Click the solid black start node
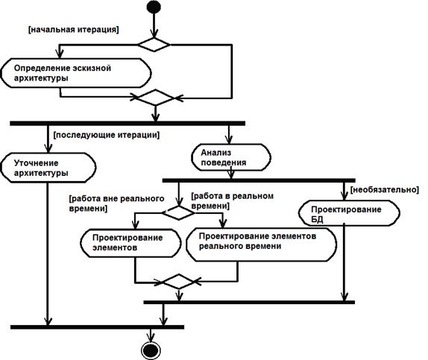click(x=154, y=7)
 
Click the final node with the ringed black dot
click(x=151, y=350)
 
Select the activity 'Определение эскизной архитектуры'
click(x=76, y=73)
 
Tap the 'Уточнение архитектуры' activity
click(x=48, y=168)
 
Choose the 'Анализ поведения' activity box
click(x=231, y=157)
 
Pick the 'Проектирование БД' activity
click(x=349, y=213)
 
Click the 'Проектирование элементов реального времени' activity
click(x=261, y=244)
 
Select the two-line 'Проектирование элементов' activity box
click(x=130, y=243)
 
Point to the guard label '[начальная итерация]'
click(x=73, y=30)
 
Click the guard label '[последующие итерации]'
click(x=107, y=135)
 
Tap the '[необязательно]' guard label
click(x=384, y=189)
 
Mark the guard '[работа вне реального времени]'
click(x=117, y=203)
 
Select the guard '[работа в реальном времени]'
click(x=233, y=201)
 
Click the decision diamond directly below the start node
click(x=154, y=45)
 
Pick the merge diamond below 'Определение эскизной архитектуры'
click(x=155, y=98)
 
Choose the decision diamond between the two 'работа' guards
click(x=178, y=212)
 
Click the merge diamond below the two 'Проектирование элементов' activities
click(x=178, y=282)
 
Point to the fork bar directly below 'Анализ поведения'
click(x=259, y=180)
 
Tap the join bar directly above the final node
click(x=97, y=327)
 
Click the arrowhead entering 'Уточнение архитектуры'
click(x=48, y=149)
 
